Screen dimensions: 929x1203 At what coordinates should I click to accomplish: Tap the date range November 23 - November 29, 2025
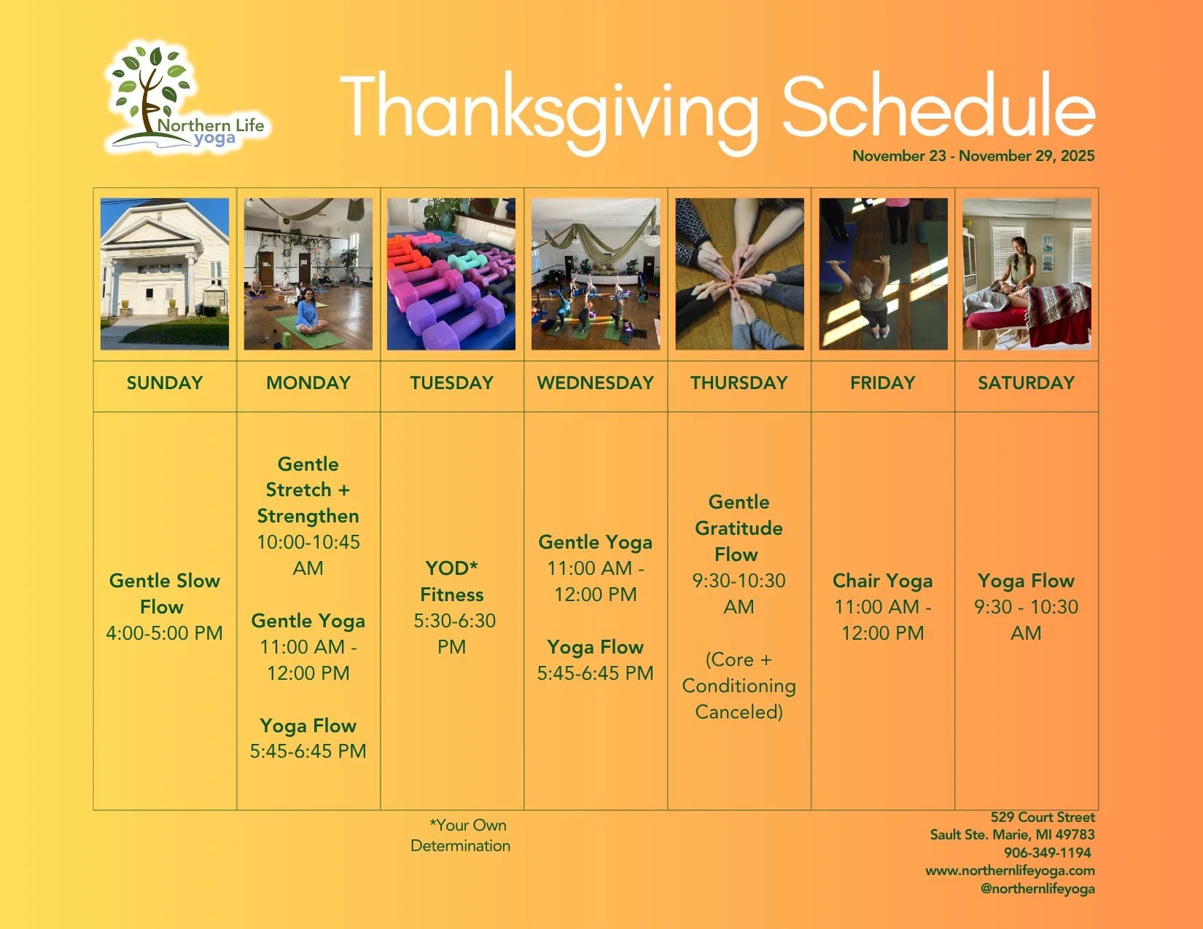[973, 156]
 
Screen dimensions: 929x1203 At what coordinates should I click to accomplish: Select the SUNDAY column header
[165, 383]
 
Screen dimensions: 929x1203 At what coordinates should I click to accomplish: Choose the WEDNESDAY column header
[595, 383]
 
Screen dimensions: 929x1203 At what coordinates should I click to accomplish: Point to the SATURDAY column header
[1026, 383]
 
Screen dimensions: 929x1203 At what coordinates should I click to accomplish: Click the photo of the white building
[165, 274]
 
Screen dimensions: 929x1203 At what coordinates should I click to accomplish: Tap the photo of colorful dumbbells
[451, 274]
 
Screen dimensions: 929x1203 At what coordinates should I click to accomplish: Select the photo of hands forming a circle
[739, 274]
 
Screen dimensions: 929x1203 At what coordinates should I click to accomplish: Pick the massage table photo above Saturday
[1027, 274]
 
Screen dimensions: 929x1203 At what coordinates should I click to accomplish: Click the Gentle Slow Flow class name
[165, 593]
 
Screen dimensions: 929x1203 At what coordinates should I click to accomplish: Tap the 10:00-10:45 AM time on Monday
[308, 555]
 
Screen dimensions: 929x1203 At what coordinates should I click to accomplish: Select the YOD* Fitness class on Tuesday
[452, 581]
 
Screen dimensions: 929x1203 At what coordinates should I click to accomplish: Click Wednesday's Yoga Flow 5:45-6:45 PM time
[596, 673]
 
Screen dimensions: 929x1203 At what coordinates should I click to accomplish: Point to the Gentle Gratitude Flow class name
[739, 528]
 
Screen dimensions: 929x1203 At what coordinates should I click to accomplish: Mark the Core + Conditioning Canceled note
[739, 686]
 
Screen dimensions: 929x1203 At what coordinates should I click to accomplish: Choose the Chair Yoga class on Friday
[883, 581]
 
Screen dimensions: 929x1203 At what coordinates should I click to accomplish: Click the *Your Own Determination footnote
[461, 836]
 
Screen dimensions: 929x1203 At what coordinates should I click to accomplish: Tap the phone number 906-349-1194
[1048, 852]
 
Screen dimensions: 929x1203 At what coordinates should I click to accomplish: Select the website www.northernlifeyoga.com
[1010, 871]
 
